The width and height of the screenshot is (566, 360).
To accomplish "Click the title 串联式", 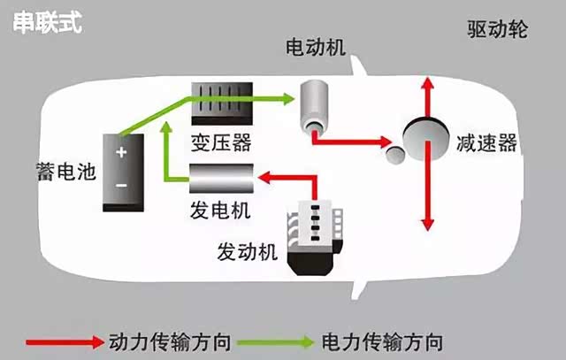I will pyautogui.click(x=47, y=22).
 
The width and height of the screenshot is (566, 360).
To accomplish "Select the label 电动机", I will pyautogui.click(x=310, y=45).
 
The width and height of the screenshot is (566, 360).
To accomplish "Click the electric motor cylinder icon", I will pyautogui.click(x=314, y=103).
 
